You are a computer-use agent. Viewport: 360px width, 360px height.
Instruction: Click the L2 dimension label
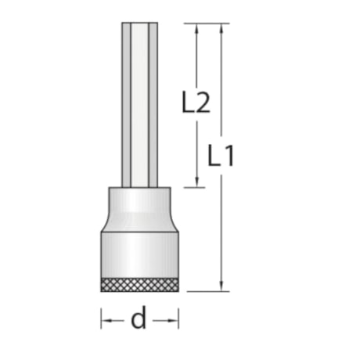click(196, 103)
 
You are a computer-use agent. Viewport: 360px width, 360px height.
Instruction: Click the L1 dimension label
click(221, 156)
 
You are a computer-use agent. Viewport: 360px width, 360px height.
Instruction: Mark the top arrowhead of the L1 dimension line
click(223, 28)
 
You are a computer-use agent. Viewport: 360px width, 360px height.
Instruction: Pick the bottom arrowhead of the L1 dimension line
click(223, 286)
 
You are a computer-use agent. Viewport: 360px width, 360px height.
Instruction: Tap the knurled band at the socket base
click(140, 283)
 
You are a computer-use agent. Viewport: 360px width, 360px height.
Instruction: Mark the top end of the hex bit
click(141, 25)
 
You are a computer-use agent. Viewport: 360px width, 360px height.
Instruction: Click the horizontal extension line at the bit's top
click(207, 23)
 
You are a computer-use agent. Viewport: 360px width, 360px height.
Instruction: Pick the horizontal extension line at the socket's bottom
click(207, 291)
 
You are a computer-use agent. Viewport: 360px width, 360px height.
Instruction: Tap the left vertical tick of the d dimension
click(101, 319)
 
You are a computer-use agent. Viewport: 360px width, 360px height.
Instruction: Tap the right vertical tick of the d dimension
click(179, 319)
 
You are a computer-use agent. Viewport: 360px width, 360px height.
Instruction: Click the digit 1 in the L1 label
click(229, 156)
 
